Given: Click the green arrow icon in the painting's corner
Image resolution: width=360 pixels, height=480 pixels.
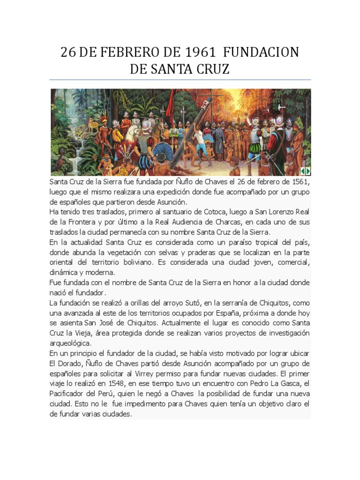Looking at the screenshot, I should [305, 171].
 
